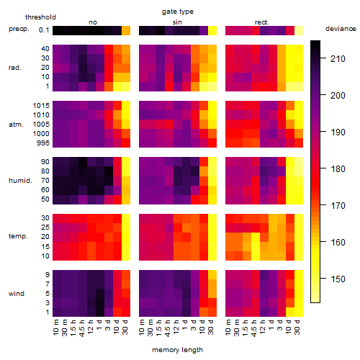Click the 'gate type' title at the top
click(x=178, y=12)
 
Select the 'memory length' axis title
click(x=177, y=350)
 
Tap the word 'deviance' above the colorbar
click(x=341, y=29)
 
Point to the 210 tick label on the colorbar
click(x=338, y=59)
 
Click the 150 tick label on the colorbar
click(x=338, y=279)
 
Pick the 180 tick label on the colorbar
click(x=338, y=169)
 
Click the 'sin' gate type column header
click(x=177, y=22)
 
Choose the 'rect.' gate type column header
click(x=261, y=22)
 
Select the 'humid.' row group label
click(x=20, y=181)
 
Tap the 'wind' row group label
click(x=17, y=294)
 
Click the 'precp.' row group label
click(x=19, y=29)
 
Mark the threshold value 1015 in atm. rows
click(x=41, y=106)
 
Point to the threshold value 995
click(x=43, y=143)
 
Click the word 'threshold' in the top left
click(x=40, y=17)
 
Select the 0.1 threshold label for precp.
click(x=44, y=30)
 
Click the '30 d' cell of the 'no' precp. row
click(x=126, y=30)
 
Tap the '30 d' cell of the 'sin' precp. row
click(x=212, y=30)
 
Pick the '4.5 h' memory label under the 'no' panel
click(x=82, y=328)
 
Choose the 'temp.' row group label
click(x=18, y=236)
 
